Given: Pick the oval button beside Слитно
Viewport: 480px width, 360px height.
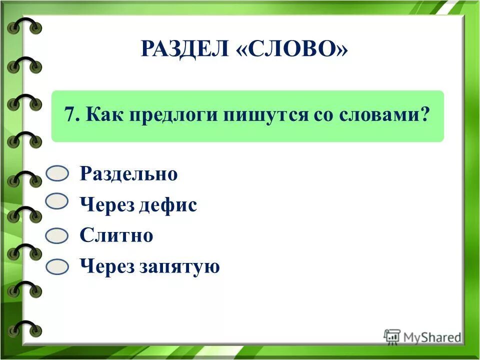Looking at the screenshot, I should click(x=57, y=236).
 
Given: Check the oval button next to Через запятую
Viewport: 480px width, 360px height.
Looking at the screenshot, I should click(x=57, y=267).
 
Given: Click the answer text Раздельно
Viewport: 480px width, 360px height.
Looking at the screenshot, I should click(x=128, y=174).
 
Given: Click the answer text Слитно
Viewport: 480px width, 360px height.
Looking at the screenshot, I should click(x=116, y=235).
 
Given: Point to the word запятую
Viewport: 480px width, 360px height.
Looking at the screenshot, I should click(x=181, y=267).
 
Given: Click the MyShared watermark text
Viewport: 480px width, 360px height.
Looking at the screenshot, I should click(x=433, y=337).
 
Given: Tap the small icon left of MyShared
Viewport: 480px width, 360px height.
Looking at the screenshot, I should click(x=392, y=336).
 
